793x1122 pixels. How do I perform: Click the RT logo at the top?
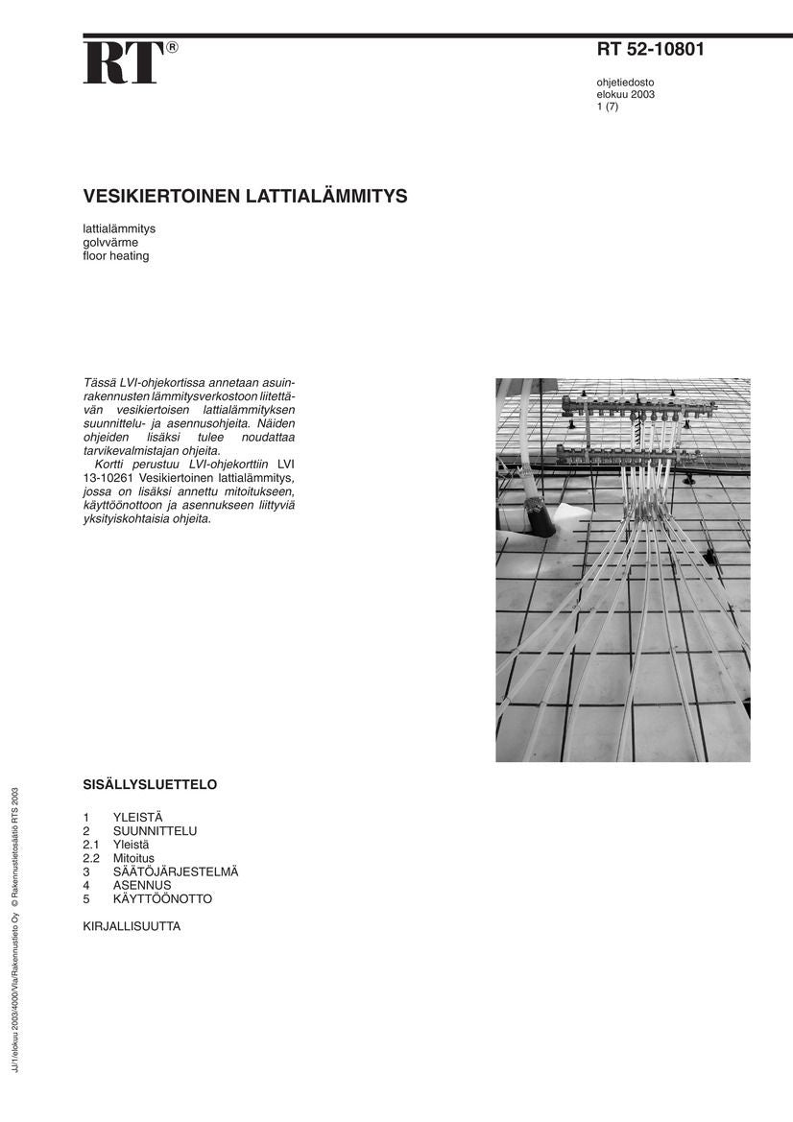tap(123, 63)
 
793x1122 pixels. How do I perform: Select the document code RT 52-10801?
tap(650, 50)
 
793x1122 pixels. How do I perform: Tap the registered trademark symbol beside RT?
tap(172, 47)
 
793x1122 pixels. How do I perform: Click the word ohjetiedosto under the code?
tap(625, 83)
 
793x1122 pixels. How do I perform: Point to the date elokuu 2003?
tap(626, 95)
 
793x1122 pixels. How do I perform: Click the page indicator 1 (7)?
tap(608, 107)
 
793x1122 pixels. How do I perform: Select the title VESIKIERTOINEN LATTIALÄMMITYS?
tap(245, 197)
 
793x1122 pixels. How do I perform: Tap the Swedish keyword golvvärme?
tap(110, 243)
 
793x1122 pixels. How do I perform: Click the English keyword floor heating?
tap(116, 256)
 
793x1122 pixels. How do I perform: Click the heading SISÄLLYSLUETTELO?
tap(150, 785)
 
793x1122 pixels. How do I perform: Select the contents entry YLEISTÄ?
tap(138, 817)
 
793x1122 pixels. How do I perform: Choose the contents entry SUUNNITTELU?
tap(155, 830)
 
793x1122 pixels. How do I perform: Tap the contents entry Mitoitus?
tap(133, 858)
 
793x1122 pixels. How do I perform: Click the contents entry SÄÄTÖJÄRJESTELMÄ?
tap(176, 871)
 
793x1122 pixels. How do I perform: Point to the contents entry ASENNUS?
tap(142, 885)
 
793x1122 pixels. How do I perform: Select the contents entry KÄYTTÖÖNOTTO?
tap(162, 899)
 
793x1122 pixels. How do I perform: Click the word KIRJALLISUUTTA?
tap(132, 927)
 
